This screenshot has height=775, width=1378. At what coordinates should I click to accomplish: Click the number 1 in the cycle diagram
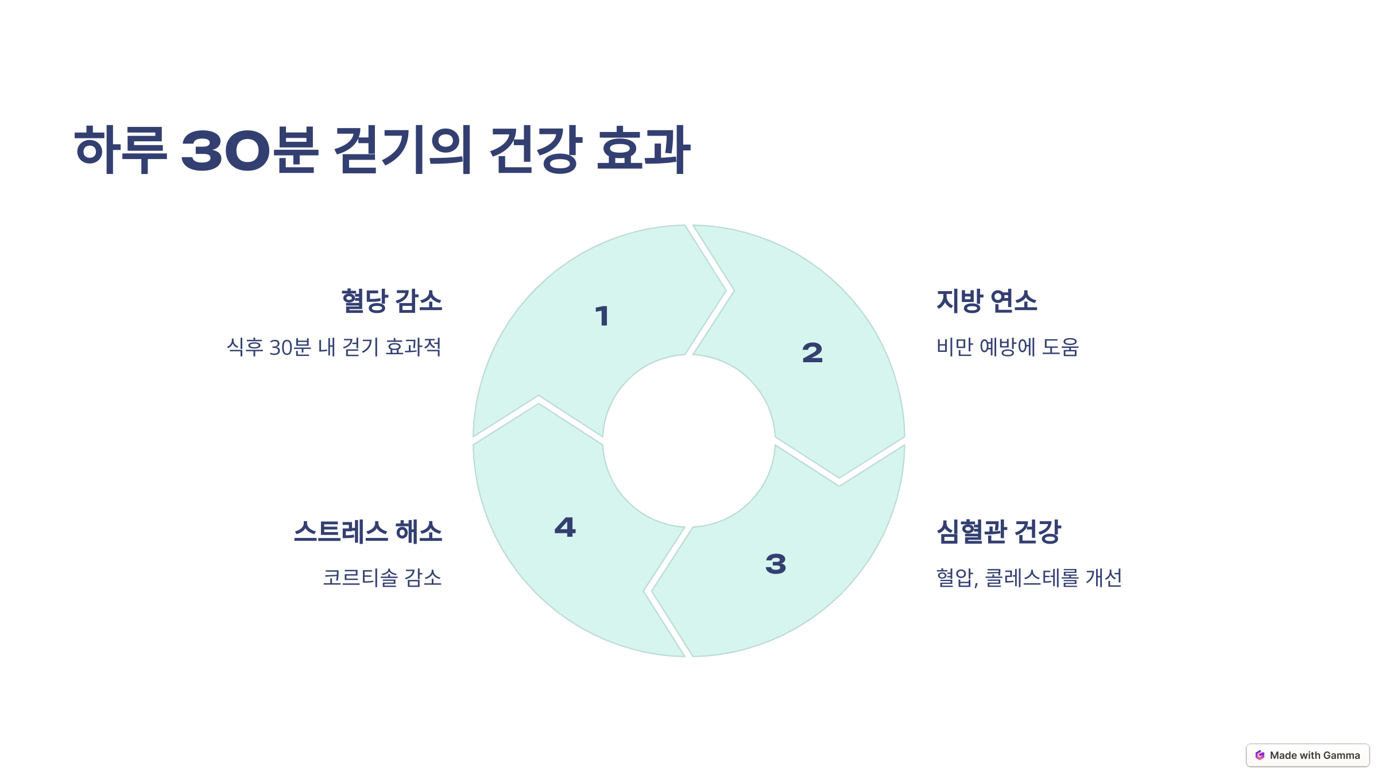pos(602,316)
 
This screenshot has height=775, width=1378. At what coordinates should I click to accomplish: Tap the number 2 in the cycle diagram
pos(812,352)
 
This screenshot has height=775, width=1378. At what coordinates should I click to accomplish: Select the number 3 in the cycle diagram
pos(776,564)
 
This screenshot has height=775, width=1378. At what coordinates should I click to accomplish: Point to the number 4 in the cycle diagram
pos(565,528)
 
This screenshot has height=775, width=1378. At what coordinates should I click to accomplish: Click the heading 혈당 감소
pos(392,301)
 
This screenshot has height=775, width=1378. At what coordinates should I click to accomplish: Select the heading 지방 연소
pos(986,301)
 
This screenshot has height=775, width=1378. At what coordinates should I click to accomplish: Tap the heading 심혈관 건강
pos(998,532)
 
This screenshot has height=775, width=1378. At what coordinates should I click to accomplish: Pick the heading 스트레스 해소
pos(368,532)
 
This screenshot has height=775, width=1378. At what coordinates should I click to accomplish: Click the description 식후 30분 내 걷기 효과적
pos(334,347)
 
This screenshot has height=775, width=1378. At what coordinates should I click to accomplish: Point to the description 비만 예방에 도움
pos(1008,347)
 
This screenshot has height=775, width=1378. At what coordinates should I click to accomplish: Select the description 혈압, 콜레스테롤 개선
pos(1029,578)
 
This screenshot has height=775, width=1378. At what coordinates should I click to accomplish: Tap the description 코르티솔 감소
pos(382,578)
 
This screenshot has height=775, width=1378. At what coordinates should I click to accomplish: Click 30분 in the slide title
pos(249,150)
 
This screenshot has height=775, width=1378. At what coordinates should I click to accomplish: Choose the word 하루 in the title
pos(121,150)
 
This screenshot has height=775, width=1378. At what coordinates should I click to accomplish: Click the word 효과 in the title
pos(644,150)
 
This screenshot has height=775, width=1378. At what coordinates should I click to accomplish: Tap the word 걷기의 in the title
pos(402,150)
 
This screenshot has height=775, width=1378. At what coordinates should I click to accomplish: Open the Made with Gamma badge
pos(1307,755)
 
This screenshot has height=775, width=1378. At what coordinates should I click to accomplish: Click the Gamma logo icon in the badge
pos(1260,755)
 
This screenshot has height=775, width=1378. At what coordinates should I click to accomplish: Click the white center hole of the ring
pos(688,441)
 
